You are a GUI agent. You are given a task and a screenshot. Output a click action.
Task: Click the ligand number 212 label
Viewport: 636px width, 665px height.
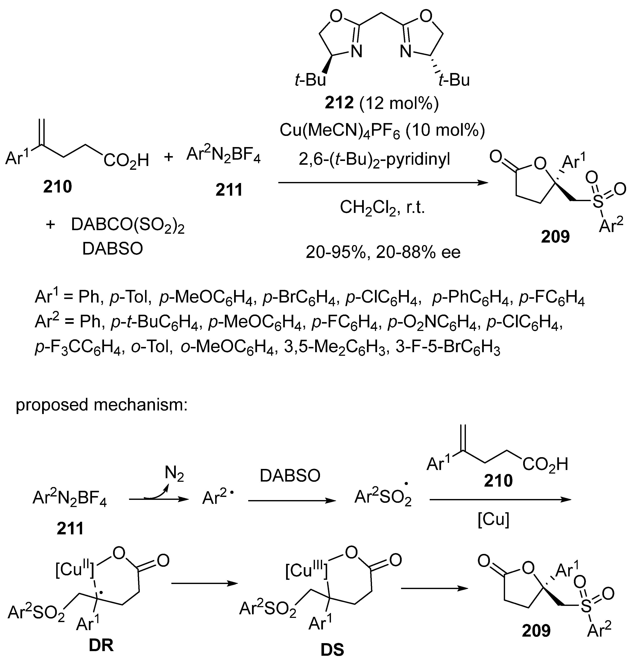[339, 103]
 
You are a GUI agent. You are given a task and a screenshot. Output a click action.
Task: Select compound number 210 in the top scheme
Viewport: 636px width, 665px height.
[58, 187]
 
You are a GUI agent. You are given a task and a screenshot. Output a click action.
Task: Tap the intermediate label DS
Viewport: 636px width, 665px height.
[332, 650]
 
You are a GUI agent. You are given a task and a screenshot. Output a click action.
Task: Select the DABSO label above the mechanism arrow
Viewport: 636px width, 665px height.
[290, 476]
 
